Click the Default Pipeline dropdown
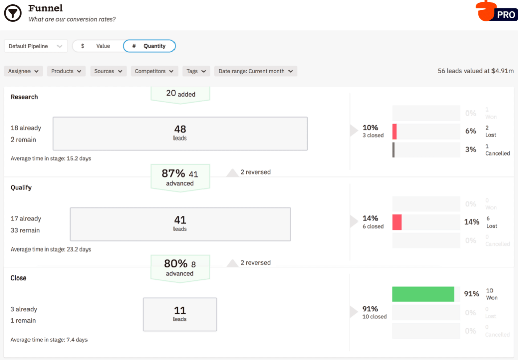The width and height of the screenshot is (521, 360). (36, 46)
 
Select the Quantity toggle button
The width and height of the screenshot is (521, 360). (149, 46)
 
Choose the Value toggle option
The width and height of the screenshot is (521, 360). (98, 46)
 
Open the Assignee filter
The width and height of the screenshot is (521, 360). (23, 71)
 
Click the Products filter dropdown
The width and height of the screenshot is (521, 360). (67, 71)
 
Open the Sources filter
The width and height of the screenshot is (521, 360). (108, 71)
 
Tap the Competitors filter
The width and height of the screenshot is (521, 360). (154, 71)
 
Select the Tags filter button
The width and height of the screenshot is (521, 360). (196, 71)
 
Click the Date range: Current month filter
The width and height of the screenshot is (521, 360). (255, 71)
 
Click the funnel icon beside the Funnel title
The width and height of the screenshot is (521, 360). (13, 13)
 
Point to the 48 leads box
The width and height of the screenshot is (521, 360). (180, 133)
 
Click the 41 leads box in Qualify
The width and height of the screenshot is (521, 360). (180, 224)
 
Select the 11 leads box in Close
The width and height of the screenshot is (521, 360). (180, 314)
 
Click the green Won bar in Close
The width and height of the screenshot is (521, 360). (423, 294)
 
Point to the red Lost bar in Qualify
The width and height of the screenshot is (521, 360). (397, 222)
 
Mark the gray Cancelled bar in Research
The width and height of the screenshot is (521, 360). (393, 150)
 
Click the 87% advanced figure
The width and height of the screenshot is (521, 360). (180, 177)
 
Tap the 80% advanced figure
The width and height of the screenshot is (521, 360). (180, 267)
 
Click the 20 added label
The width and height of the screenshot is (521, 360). (180, 94)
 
